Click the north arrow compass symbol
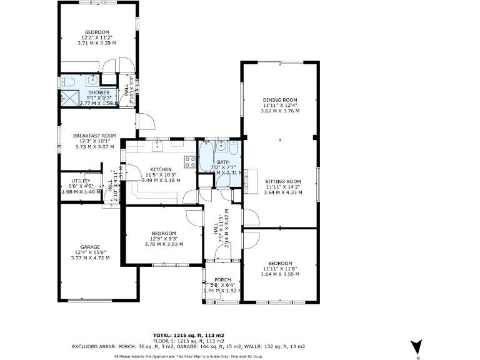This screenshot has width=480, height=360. [417, 346]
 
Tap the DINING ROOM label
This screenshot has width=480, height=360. [280, 100]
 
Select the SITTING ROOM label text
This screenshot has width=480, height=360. [283, 181]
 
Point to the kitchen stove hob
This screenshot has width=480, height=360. [190, 162]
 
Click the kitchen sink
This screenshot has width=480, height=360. [156, 146]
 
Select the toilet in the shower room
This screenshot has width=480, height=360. [69, 81]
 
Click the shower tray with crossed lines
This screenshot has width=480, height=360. [66, 97]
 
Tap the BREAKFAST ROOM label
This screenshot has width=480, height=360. [94, 136]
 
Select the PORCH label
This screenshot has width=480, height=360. [222, 279]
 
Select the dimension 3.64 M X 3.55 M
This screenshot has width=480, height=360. [280, 274]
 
